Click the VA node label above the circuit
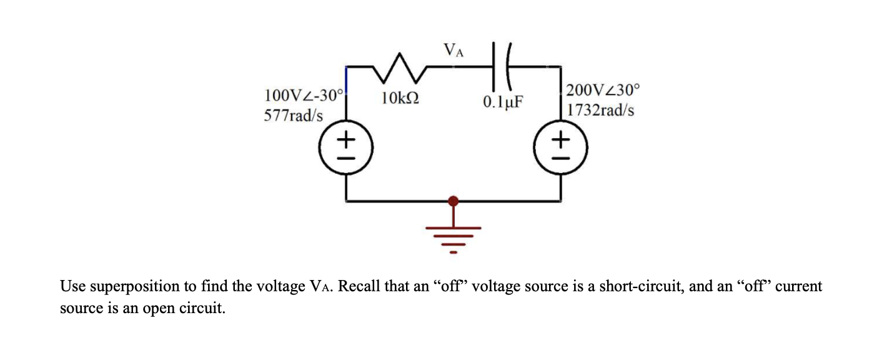click(453, 50)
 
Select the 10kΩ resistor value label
click(400, 98)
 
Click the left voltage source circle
click(347, 150)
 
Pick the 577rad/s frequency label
click(294, 116)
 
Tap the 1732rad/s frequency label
click(601, 110)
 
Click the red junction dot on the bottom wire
click(454, 201)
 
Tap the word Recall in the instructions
click(364, 287)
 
